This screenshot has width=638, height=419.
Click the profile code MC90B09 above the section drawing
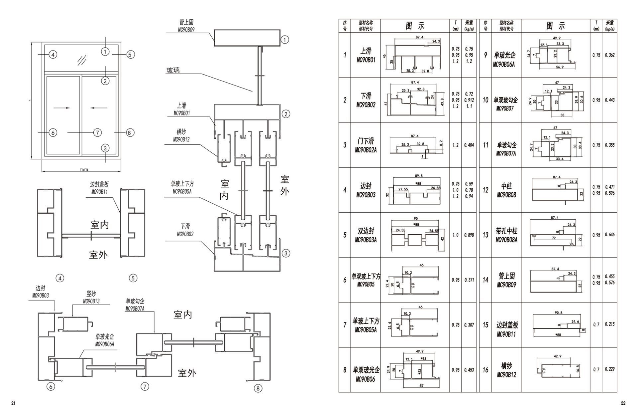pyautogui.click(x=186, y=30)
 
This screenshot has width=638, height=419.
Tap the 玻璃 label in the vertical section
pyautogui.click(x=173, y=71)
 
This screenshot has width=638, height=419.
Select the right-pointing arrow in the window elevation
pyautogui.click(x=62, y=108)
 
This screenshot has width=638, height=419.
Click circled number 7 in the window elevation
pyautogui.click(x=97, y=133)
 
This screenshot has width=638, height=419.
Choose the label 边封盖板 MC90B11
pyautogui.click(x=99, y=188)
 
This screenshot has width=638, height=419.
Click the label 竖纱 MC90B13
pyautogui.click(x=91, y=298)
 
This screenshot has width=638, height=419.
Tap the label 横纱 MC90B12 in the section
pyautogui.click(x=181, y=136)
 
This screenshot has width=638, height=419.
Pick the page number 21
pyautogui.click(x=13, y=403)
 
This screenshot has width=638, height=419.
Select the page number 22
pyautogui.click(x=623, y=403)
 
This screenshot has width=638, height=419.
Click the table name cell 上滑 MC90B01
pyautogui.click(x=366, y=55)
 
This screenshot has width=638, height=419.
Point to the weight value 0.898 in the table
pyautogui.click(x=469, y=235)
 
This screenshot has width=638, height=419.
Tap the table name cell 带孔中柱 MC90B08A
pyautogui.click(x=506, y=235)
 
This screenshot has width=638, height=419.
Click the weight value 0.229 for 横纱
pyautogui.click(x=610, y=369)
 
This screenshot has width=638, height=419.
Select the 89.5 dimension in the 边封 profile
pyautogui.click(x=419, y=176)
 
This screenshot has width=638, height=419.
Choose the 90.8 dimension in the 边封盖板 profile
pyautogui.click(x=559, y=313)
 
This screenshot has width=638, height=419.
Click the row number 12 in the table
pyautogui.click(x=485, y=190)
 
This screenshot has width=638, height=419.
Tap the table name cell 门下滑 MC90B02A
pyautogui.click(x=366, y=145)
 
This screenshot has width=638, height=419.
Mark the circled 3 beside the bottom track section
pyautogui.click(x=285, y=253)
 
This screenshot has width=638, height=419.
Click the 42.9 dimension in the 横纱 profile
pyautogui.click(x=558, y=356)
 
